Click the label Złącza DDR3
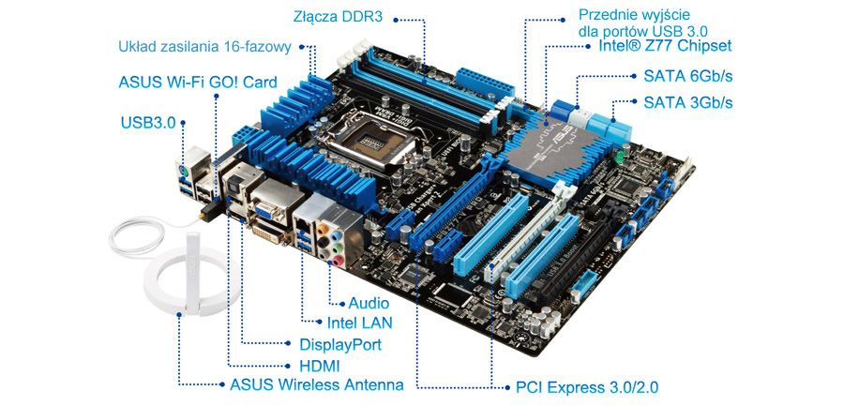coord(338,16)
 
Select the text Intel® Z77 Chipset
coord(665,45)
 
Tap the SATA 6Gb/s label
coord(688,76)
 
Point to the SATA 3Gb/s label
coord(688,102)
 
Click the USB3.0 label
coord(148,124)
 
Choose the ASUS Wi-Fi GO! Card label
coord(198,83)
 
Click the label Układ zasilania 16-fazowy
coord(204,47)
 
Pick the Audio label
coord(369,303)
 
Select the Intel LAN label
coord(359,323)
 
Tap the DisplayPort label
coord(340,344)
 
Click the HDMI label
coord(320,367)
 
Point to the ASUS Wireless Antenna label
coord(317,385)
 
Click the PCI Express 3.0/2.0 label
coord(587,387)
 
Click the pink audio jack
coord(338,262)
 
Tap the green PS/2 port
coord(183,173)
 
